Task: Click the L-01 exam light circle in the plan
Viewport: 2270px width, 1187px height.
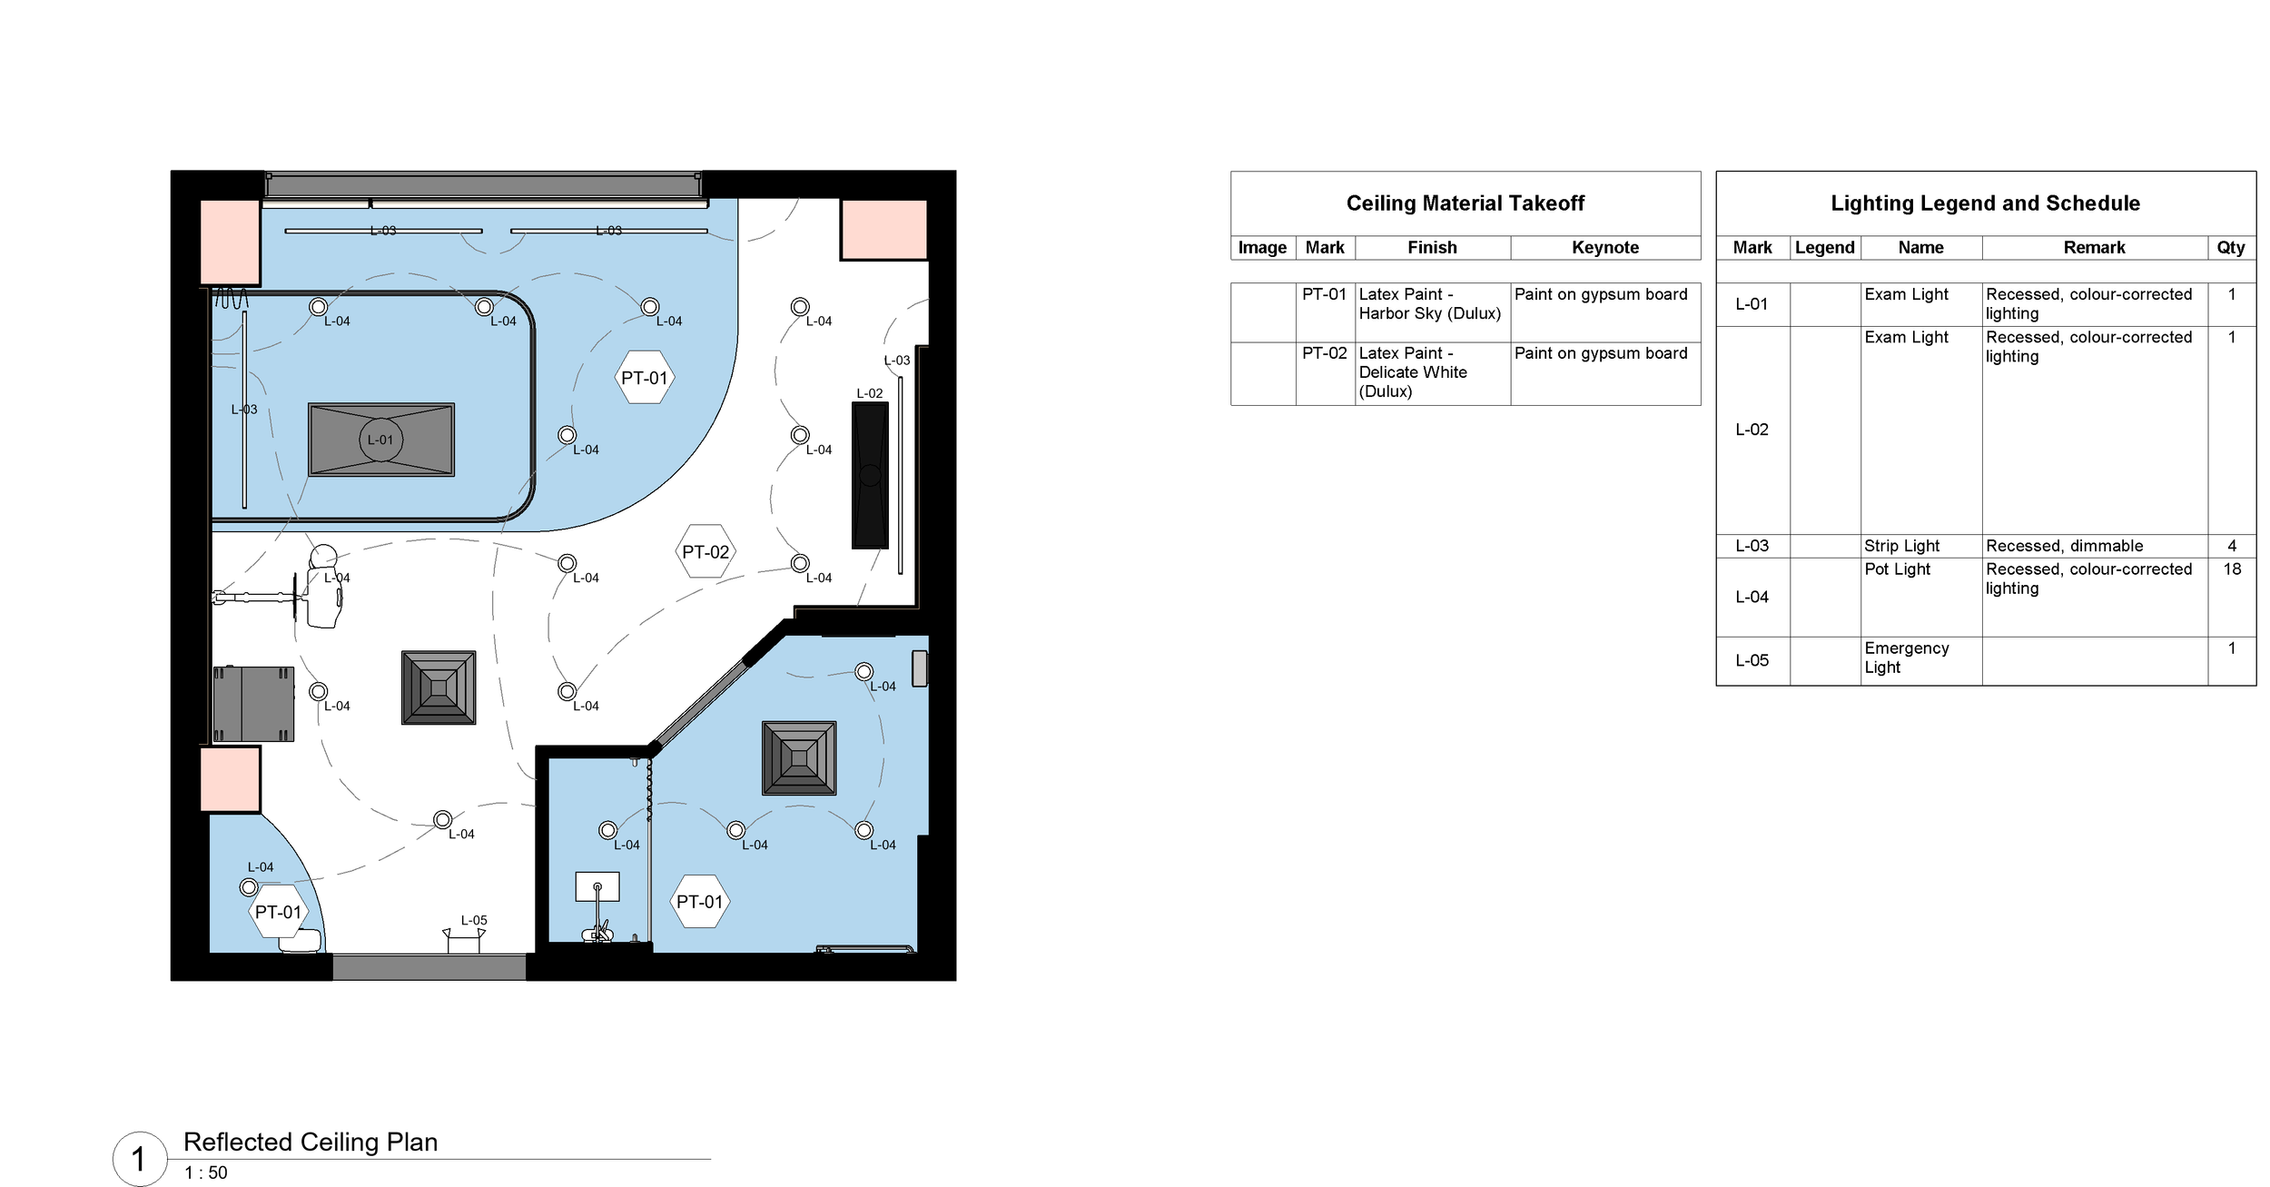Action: click(380, 440)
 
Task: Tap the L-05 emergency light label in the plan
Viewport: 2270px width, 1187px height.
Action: click(473, 920)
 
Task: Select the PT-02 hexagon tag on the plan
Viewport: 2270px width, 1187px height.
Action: click(706, 551)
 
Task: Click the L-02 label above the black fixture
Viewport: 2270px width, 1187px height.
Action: click(869, 393)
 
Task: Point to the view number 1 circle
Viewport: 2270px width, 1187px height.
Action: click(139, 1159)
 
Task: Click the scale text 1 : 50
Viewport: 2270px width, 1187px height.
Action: click(206, 1172)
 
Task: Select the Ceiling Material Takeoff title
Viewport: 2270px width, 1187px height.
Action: click(1465, 203)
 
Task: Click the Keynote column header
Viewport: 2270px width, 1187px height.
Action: click(1604, 248)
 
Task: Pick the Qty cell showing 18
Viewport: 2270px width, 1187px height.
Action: click(2231, 569)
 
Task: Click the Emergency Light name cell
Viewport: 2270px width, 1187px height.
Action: click(1906, 658)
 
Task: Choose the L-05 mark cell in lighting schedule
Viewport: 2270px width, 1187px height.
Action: click(1752, 660)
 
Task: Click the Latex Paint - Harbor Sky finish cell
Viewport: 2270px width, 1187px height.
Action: click(1429, 303)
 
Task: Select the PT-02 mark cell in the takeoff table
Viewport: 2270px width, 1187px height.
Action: click(1324, 353)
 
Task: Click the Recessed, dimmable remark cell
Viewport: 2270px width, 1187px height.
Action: click(2064, 546)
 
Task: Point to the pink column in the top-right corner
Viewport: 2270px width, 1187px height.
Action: click(883, 230)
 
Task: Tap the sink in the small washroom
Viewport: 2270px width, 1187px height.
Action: click(597, 886)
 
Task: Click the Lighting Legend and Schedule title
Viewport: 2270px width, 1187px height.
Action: click(1985, 203)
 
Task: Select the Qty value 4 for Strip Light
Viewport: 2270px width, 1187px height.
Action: click(2231, 546)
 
